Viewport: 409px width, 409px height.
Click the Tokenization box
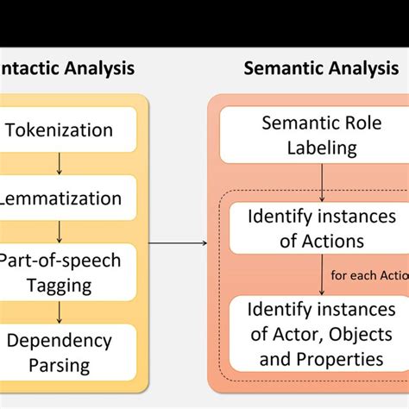point(60,131)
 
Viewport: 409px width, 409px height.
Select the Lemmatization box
point(60,198)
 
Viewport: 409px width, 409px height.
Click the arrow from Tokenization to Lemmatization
point(60,165)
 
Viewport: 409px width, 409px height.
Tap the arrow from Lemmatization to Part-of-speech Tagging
point(60,231)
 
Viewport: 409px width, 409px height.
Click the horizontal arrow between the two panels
point(178,243)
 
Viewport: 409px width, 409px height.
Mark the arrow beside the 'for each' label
point(321,275)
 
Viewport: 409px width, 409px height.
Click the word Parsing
point(58,365)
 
